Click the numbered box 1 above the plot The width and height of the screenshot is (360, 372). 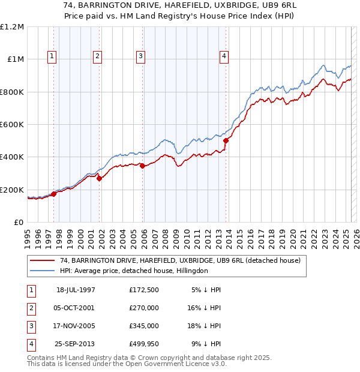coord(52,57)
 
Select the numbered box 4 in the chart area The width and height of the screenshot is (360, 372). coord(224,57)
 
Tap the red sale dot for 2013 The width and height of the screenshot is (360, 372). coord(226,141)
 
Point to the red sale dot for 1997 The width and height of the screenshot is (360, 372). coord(54,194)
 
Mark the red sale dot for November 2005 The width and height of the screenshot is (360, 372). coord(143,166)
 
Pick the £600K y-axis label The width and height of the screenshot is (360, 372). coord(13,125)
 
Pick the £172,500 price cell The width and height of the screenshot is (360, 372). coord(144,290)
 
